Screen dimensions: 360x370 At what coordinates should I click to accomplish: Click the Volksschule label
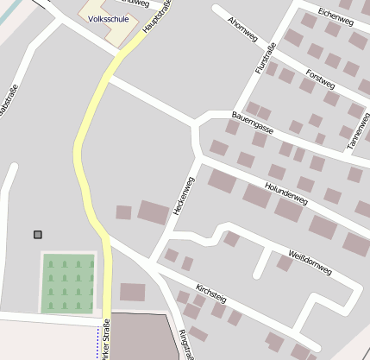click(x=108, y=18)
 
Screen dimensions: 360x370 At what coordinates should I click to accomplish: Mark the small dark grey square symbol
click(x=37, y=234)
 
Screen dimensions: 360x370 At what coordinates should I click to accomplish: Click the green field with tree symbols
click(x=68, y=282)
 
